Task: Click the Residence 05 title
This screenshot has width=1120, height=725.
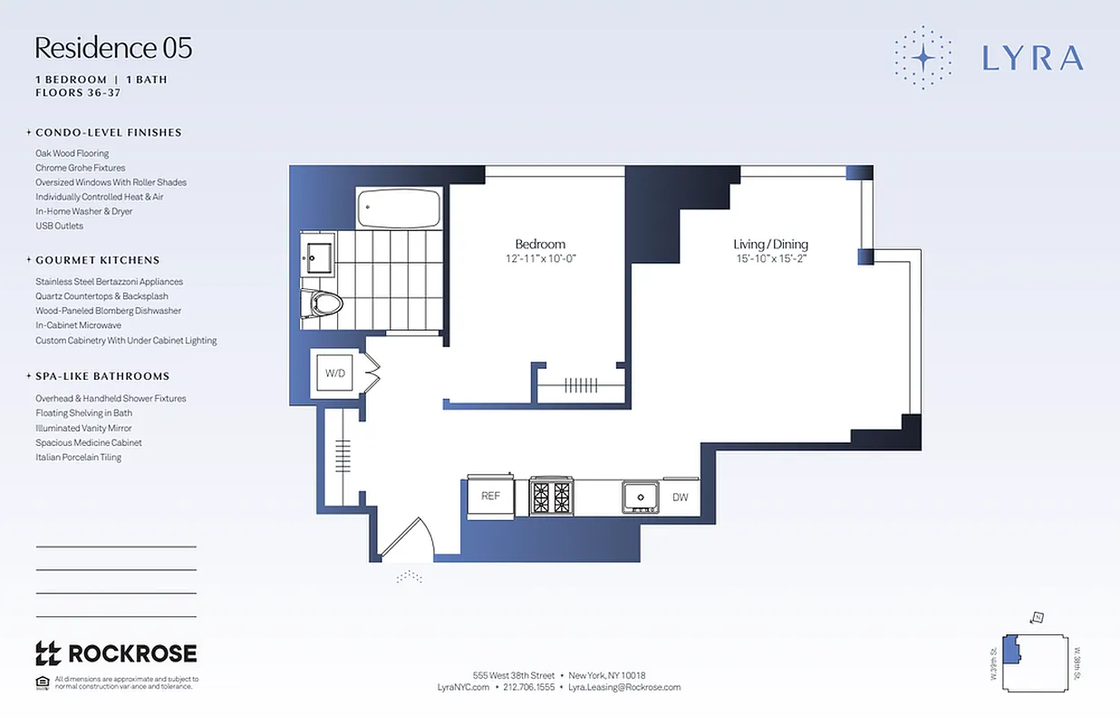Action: tap(113, 48)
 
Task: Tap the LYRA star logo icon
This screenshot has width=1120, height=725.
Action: tap(923, 57)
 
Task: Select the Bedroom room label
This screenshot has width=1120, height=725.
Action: tap(540, 244)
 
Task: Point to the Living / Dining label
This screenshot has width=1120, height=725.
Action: tap(770, 244)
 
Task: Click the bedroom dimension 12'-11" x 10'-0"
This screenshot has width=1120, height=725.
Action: tap(540, 258)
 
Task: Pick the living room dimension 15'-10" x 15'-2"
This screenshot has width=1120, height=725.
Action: tap(770, 258)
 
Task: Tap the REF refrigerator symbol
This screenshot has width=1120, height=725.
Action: tap(490, 496)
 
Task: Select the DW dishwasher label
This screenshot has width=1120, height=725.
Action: tap(680, 497)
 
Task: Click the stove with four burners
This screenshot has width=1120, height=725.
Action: tap(551, 497)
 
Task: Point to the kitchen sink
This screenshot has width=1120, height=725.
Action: tap(640, 497)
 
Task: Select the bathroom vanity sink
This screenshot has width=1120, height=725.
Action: tap(318, 256)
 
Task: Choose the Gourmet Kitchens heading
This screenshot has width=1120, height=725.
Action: tap(97, 260)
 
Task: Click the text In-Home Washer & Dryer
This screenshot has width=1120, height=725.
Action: tap(83, 211)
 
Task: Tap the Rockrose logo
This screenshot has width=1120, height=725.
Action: tap(115, 652)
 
